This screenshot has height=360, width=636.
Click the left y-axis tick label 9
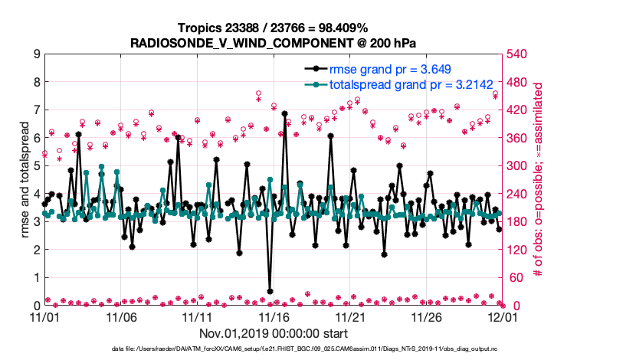36,54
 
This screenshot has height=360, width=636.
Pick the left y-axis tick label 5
36,165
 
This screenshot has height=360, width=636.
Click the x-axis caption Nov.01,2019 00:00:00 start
274,333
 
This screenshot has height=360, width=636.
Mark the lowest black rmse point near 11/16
270,291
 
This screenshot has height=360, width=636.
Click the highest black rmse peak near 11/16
284,113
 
